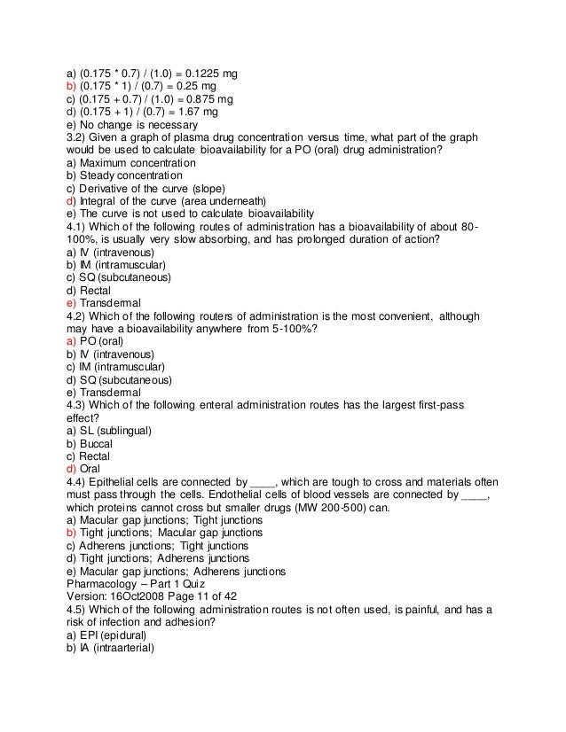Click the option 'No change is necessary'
(131, 126)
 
